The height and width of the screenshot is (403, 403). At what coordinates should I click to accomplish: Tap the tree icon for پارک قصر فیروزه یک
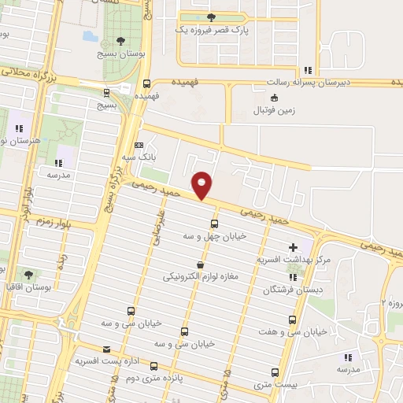(209, 17)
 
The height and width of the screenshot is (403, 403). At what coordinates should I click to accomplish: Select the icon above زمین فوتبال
(273, 98)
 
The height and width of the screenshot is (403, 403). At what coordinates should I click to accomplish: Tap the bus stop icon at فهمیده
(146, 84)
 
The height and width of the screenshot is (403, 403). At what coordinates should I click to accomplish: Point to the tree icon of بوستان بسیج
(120, 42)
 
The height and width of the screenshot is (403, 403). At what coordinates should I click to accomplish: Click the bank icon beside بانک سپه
(140, 145)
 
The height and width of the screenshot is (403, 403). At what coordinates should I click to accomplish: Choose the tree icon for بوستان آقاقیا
(29, 275)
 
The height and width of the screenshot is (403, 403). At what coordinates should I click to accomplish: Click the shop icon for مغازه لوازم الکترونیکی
(199, 265)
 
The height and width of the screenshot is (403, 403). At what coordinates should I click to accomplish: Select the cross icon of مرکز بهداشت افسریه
(294, 247)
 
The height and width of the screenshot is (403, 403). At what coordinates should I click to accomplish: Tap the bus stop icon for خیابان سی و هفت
(293, 320)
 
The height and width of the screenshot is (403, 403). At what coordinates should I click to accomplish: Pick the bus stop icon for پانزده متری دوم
(153, 366)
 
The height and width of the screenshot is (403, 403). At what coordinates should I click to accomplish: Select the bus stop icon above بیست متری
(275, 372)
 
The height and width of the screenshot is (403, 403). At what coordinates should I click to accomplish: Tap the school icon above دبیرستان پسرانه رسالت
(308, 70)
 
